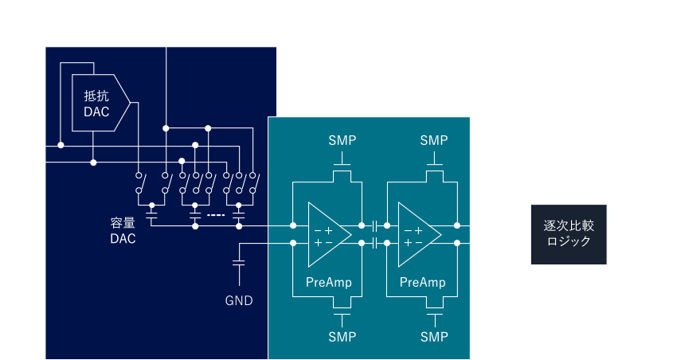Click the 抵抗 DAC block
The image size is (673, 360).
100,103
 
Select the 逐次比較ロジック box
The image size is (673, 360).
569,234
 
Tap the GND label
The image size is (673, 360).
239,301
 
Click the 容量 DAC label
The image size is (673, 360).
123,231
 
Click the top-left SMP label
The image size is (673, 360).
342,140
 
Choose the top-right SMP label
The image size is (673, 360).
434,140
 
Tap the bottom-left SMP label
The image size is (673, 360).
342,337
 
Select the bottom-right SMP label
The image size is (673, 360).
434,337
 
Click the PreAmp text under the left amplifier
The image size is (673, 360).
329,282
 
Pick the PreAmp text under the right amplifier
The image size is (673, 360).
422,282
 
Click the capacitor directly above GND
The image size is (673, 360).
239,263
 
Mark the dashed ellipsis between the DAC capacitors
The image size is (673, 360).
216,215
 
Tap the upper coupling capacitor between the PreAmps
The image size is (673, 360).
374,225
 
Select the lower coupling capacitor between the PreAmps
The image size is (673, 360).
374,243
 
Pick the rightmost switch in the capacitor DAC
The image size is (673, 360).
255,183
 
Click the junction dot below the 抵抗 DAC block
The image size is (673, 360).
93,162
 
